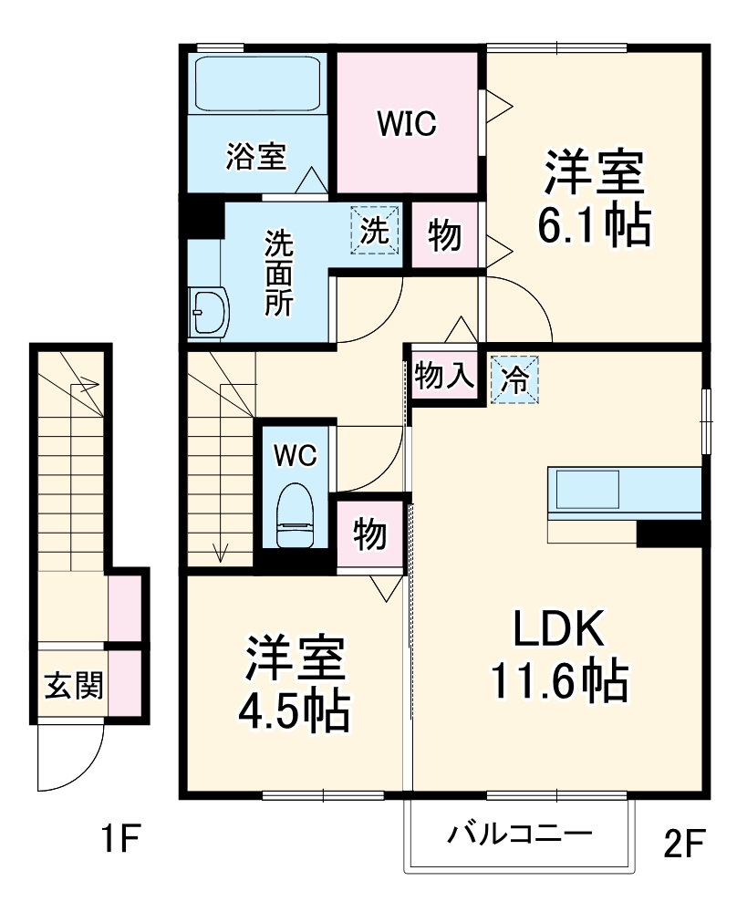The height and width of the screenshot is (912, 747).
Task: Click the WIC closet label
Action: (408, 123)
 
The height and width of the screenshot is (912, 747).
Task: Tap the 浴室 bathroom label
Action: (256, 157)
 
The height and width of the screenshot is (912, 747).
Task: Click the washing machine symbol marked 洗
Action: (375, 230)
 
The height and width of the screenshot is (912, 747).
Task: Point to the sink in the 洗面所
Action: (209, 313)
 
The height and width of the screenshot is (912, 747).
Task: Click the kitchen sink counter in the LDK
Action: (587, 491)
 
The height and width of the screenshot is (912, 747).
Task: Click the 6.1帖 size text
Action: (595, 224)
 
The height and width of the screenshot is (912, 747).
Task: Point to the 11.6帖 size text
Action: (559, 680)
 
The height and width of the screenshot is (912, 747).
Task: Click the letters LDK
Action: (557, 628)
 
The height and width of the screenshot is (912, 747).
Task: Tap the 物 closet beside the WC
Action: (369, 534)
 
